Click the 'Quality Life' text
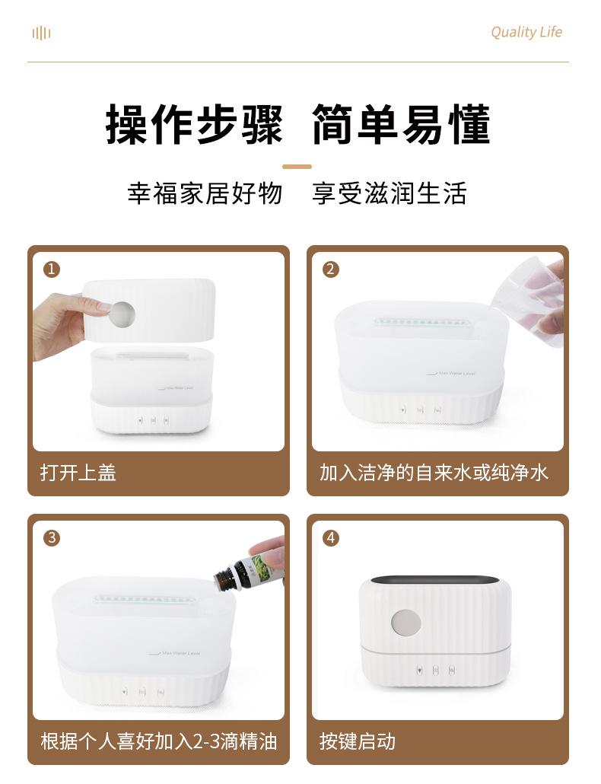tap(526, 32)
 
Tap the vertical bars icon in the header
tap(41, 33)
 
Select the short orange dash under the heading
tap(297, 166)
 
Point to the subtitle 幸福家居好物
tap(205, 193)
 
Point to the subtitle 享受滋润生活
tap(389, 193)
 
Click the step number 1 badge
tap(52, 269)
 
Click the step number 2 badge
tap(330, 269)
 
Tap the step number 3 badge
tap(52, 537)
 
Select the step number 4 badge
tap(330, 537)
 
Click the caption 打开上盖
tap(78, 473)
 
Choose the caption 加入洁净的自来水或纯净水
tap(434, 473)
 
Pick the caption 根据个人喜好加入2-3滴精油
tap(158, 741)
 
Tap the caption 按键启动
tap(358, 741)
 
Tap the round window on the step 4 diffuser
tap(405, 623)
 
